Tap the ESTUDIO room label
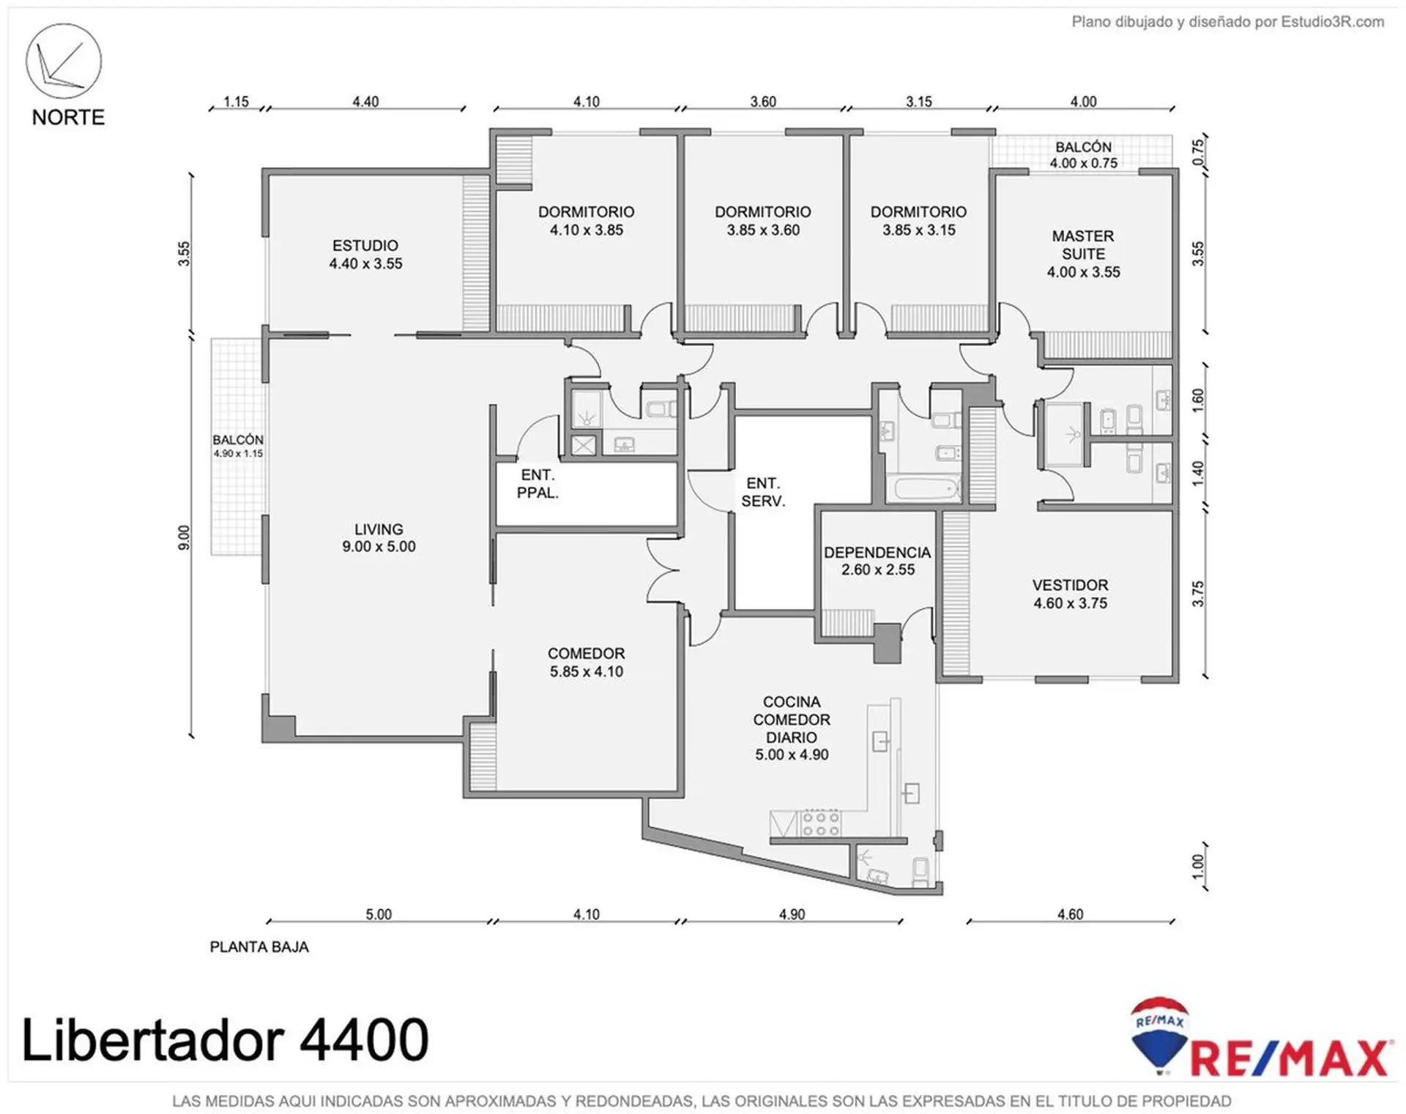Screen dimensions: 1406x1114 [x=365, y=246]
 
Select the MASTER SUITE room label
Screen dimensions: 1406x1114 [x=1083, y=245]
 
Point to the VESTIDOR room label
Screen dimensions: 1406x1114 [x=1070, y=586]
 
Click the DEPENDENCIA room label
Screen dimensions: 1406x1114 [x=877, y=553]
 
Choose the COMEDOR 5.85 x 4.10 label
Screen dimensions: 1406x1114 [x=587, y=662]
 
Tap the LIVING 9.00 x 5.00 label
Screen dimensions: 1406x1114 [x=379, y=538]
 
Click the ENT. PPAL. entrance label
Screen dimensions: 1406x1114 [x=538, y=484]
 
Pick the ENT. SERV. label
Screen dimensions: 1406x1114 [x=763, y=492]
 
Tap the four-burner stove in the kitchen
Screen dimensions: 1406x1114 [x=821, y=823]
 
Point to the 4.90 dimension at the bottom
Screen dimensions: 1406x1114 [x=792, y=914]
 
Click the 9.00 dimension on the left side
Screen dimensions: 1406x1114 [x=184, y=538]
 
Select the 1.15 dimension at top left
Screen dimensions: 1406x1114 [x=236, y=102]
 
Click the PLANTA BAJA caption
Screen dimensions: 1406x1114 [x=259, y=947]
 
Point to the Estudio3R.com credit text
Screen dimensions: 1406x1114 [x=1332, y=22]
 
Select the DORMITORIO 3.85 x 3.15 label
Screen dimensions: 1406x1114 [x=919, y=221]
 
